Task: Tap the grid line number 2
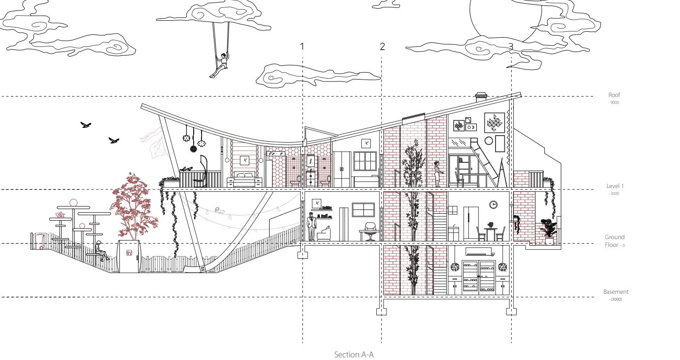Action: tap(382, 46)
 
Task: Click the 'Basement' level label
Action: tap(615, 292)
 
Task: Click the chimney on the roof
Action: tap(480, 97)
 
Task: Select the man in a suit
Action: tap(312, 227)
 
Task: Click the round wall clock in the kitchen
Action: tap(493, 204)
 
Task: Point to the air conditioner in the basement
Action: tap(478, 252)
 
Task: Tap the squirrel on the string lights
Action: tap(221, 212)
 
